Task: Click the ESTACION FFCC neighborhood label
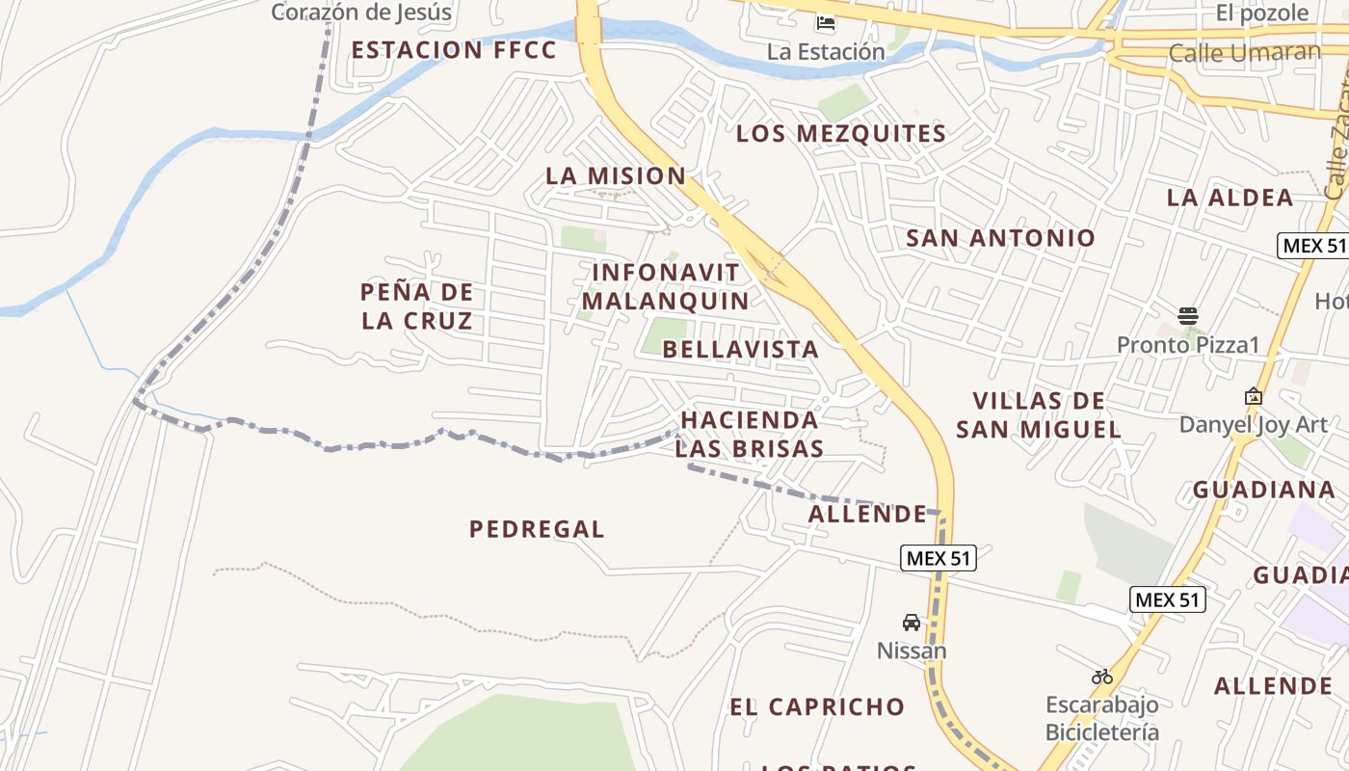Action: click(x=454, y=50)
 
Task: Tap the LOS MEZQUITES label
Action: click(x=841, y=134)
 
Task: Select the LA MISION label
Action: click(x=616, y=176)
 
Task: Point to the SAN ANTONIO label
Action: click(x=1001, y=238)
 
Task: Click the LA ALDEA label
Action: click(x=1230, y=198)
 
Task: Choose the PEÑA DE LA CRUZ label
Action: click(x=417, y=306)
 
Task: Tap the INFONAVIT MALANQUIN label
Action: click(x=665, y=286)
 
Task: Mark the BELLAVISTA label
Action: click(x=741, y=349)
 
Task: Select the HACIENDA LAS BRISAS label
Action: click(x=750, y=434)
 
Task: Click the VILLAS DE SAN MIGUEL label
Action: click(x=1038, y=415)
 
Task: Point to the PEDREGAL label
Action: click(x=537, y=529)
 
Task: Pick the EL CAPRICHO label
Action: click(x=817, y=706)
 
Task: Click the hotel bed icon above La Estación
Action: click(x=826, y=23)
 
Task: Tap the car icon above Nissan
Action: click(x=911, y=623)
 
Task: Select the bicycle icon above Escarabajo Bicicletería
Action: click(x=1102, y=677)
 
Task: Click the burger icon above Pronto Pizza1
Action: click(x=1188, y=315)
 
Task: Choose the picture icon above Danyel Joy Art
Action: click(x=1254, y=396)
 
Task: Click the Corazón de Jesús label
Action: click(x=361, y=13)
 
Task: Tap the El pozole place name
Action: click(x=1262, y=13)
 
